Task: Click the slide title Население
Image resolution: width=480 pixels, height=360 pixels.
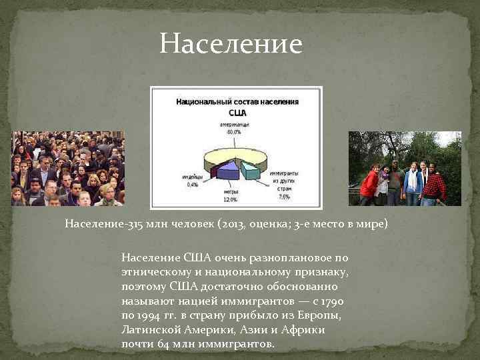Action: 231,45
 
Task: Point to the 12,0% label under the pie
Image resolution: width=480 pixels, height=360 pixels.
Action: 229,199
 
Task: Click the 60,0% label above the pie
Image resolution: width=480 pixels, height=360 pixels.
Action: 234,132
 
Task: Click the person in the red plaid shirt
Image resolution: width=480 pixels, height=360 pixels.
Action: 434,186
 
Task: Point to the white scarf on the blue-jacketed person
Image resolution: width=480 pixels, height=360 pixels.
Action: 413,179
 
